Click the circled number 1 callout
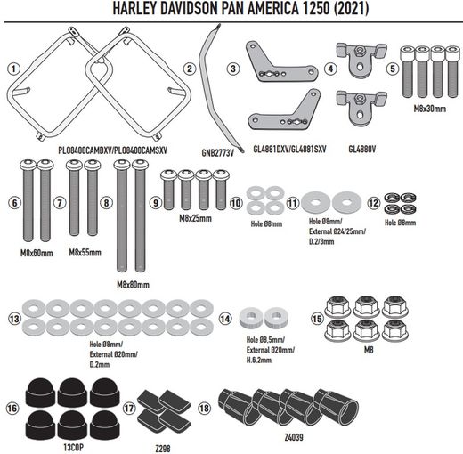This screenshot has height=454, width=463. [12, 69]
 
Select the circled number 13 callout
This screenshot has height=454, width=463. [12, 319]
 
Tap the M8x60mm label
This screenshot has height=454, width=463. [36, 253]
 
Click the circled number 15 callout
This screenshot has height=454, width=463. [317, 317]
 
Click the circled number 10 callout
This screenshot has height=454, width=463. [236, 203]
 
